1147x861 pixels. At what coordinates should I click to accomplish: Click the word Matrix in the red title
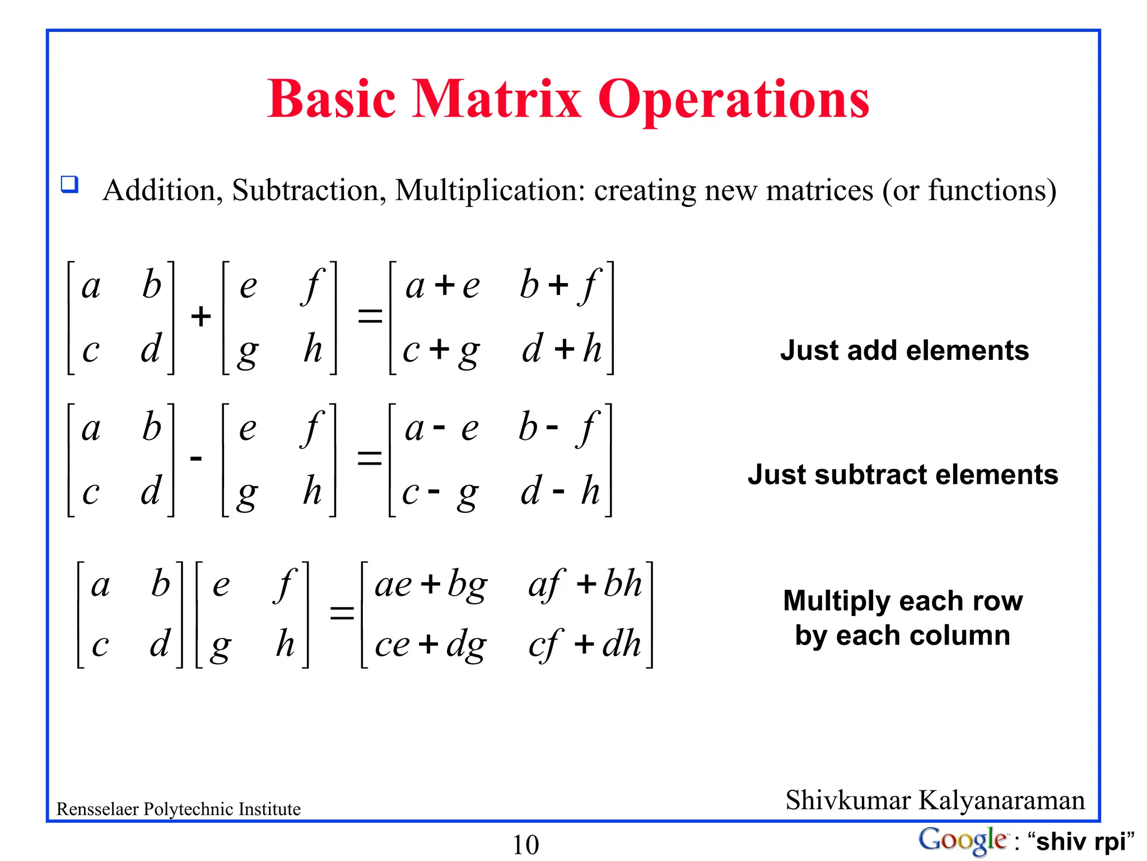pyautogui.click(x=496, y=99)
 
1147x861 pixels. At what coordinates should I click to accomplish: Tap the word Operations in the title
pyautogui.click(x=734, y=100)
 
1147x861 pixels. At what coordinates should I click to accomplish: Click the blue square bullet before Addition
pyautogui.click(x=69, y=184)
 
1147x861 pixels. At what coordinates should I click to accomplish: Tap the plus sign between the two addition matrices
pyautogui.click(x=201, y=317)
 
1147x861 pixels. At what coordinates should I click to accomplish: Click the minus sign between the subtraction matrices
pyautogui.click(x=196, y=459)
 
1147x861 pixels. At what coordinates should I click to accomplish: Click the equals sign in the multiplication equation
pyautogui.click(x=342, y=613)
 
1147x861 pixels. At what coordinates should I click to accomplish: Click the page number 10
pyautogui.click(x=525, y=845)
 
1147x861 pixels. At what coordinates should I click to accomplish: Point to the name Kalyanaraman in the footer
pyautogui.click(x=1001, y=800)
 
